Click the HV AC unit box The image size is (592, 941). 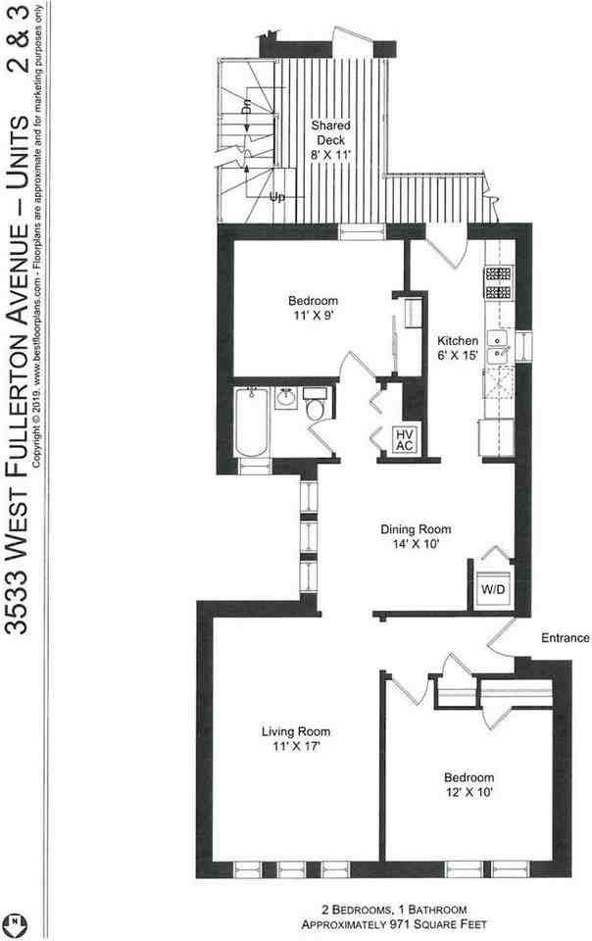pyautogui.click(x=404, y=438)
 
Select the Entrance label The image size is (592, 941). pyautogui.click(x=565, y=638)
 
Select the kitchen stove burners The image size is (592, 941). pyautogui.click(x=497, y=282)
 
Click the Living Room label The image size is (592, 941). pyautogui.click(x=295, y=731)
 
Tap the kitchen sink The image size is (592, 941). pyautogui.click(x=498, y=349)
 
